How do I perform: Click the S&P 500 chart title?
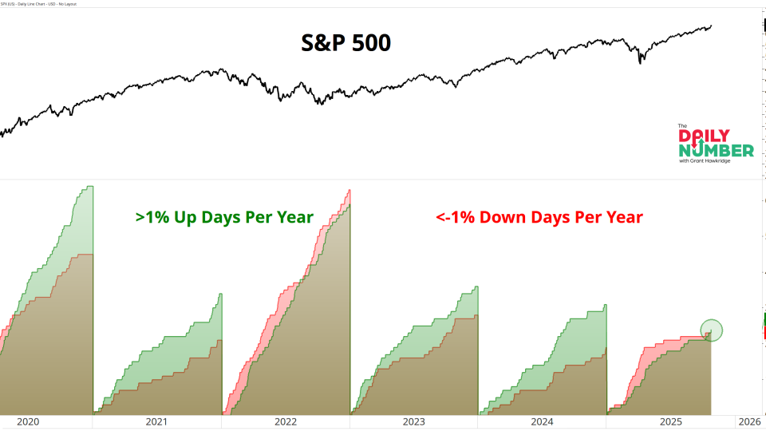345,43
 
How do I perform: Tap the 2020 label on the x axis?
28,421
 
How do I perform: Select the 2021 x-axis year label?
156,421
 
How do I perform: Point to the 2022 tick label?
285,421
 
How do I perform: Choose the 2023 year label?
413,421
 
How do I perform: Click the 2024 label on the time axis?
542,421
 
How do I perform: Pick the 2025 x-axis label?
670,421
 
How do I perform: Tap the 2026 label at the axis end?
749,421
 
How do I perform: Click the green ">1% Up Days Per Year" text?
224,217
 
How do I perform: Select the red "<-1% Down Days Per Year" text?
539,217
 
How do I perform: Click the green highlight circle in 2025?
711,330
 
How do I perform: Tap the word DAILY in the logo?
715,136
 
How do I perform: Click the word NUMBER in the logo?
716,151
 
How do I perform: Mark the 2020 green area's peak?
90,187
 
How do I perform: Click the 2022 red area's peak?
349,190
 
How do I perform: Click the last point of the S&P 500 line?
712,26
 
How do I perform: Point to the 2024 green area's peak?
606,305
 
